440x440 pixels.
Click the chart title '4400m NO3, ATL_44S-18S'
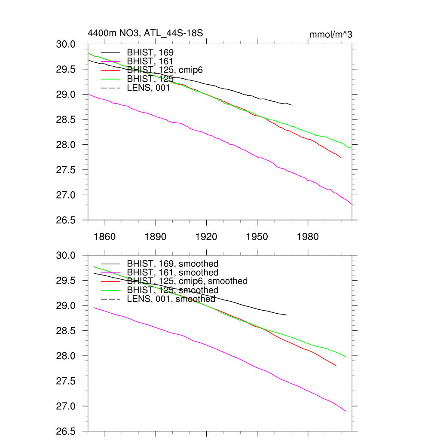pos(145,33)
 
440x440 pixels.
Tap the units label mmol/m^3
pos(331,34)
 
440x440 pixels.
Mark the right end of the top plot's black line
pos(292,105)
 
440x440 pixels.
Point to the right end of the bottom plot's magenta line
pos(346,411)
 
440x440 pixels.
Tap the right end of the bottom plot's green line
pos(346,357)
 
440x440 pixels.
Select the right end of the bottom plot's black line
pos(287,315)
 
